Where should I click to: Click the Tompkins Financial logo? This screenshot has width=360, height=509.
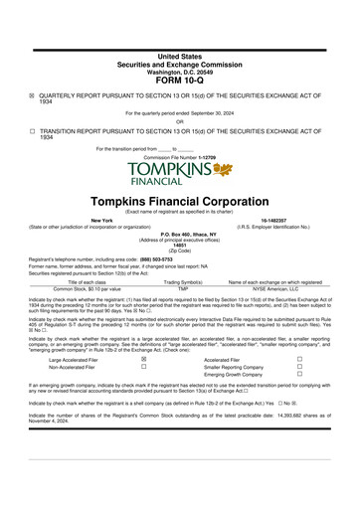tap(179, 174)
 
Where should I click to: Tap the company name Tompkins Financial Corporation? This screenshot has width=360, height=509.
tap(179, 201)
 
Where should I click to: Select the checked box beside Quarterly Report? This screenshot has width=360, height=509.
tap(32, 96)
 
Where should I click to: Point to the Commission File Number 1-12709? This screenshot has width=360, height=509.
tap(179, 157)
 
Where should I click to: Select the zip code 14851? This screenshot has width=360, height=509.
tap(179, 244)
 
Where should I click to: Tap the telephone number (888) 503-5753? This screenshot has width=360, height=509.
tap(158, 257)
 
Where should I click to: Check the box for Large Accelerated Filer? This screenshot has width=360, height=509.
tap(143, 360)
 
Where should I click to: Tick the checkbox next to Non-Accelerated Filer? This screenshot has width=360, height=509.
tap(143, 367)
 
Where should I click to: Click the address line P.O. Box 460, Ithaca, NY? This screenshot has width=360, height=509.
tap(179, 232)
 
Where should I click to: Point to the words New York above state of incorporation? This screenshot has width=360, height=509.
tap(74, 220)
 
